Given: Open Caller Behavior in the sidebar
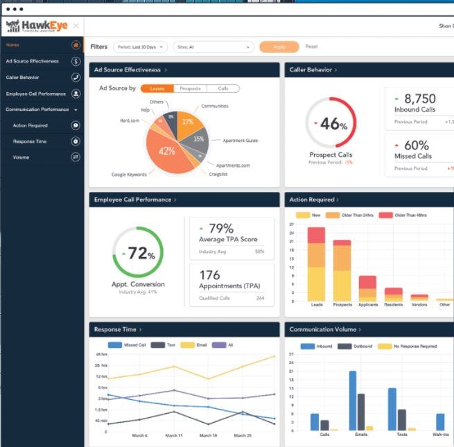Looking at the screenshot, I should point(23,77).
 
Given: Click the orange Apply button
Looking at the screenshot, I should point(279,47).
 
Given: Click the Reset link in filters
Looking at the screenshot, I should point(312,47).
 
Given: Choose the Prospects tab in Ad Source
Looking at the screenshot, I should point(190,89).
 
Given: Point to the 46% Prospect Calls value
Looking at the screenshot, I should point(333,124).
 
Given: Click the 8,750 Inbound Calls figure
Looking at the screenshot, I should point(419,98).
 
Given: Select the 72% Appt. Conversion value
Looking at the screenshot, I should point(141,254).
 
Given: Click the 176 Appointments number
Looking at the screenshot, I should point(209,275).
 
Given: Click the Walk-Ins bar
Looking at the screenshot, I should point(440,422).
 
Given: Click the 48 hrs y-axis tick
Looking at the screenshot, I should point(101,355).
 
